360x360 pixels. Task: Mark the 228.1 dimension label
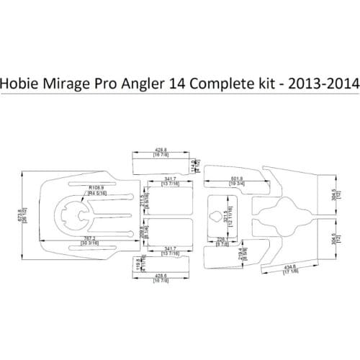pos(221,243)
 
